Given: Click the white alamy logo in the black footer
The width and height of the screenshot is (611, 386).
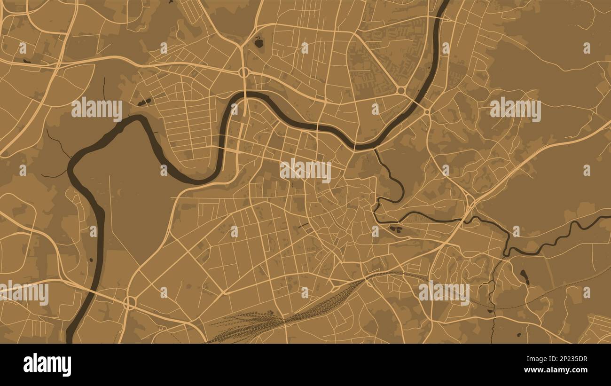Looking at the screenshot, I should pos(47,365).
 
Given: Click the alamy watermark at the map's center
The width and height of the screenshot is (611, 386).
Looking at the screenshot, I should pos(305,170).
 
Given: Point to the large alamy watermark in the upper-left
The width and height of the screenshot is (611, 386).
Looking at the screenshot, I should pos(97,109).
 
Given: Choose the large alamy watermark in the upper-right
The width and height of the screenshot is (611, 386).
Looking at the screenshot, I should pos(515,109).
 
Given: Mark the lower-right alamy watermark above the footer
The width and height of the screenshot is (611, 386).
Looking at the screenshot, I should pos(444,292).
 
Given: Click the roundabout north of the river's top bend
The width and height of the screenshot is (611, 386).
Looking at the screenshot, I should pos(244,72).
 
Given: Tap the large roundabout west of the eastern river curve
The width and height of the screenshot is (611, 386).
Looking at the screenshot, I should pos(401,90).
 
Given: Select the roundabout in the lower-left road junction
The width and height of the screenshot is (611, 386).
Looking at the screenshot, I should pos(129,303).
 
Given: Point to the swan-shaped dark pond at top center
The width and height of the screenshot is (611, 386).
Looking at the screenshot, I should pos(258,43).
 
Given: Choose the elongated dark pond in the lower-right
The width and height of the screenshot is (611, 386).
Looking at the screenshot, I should pos(524,276).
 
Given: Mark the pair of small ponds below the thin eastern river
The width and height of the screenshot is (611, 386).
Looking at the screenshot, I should pos(396,229).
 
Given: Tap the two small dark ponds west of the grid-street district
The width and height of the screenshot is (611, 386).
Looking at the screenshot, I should pos(144,102).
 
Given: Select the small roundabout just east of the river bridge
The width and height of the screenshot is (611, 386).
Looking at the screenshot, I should pos(427,111).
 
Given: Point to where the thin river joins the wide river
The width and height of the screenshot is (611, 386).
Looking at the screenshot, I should pos(375,150).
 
